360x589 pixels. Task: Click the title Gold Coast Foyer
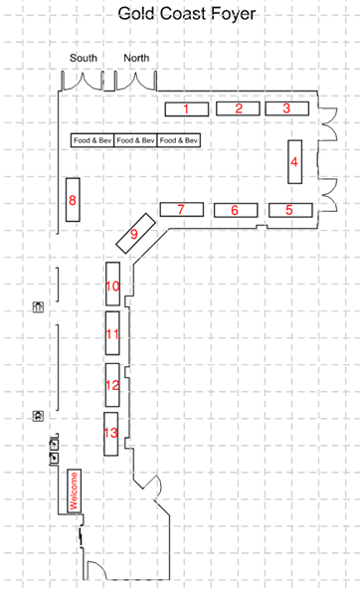(x=187, y=14)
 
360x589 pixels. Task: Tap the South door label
(x=84, y=58)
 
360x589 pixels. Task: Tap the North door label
(x=136, y=58)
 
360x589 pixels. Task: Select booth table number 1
(x=187, y=108)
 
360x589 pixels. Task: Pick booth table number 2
(x=238, y=108)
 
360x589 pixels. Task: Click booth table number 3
(x=287, y=108)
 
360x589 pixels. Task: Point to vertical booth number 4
(x=294, y=162)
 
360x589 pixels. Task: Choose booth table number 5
(x=290, y=210)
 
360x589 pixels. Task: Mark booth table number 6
(x=236, y=210)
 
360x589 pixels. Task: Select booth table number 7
(x=182, y=209)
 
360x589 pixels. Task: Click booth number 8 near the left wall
(x=73, y=199)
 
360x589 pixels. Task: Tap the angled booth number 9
(x=135, y=233)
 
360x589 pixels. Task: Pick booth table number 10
(x=112, y=284)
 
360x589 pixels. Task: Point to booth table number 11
(x=112, y=333)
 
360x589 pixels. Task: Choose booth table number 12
(x=112, y=385)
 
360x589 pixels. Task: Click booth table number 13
(x=110, y=434)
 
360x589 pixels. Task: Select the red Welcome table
(x=74, y=491)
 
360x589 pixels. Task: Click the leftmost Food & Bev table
(x=92, y=140)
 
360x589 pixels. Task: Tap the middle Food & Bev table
(x=135, y=140)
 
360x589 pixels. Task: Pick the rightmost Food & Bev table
(x=179, y=140)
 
